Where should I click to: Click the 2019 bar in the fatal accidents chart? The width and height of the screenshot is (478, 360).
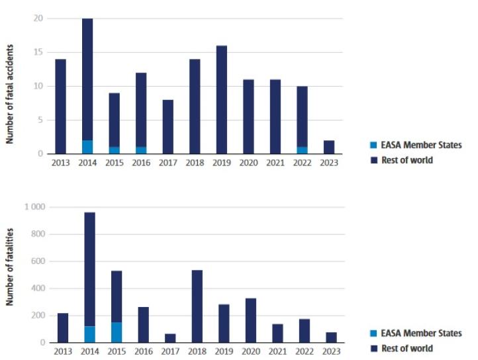click(x=221, y=99)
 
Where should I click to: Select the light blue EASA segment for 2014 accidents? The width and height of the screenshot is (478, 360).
click(x=87, y=147)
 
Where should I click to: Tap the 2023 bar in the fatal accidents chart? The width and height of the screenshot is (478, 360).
click(x=328, y=147)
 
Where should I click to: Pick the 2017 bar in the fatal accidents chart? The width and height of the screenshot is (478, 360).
click(x=167, y=126)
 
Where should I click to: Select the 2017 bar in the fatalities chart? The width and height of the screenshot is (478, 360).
click(x=170, y=338)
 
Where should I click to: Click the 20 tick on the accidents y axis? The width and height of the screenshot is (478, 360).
click(x=38, y=18)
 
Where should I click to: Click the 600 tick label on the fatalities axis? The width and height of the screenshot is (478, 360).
click(x=38, y=261)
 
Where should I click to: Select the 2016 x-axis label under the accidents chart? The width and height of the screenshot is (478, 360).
click(x=141, y=163)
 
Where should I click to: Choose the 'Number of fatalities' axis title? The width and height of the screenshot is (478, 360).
click(x=10, y=267)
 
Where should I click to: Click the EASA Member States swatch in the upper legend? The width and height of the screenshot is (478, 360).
click(x=374, y=145)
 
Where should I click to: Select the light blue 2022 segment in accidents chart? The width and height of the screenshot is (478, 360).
click(x=302, y=150)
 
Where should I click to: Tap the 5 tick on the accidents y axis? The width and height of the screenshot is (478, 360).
click(x=41, y=120)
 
